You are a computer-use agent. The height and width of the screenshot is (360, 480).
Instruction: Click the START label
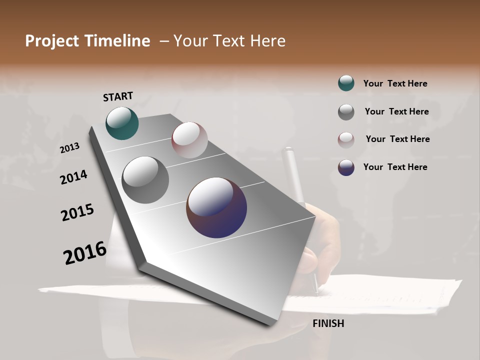pos(118,96)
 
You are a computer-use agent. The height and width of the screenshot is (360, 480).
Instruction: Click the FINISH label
pos(328,323)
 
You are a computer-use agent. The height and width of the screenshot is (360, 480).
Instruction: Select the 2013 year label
pos(69,148)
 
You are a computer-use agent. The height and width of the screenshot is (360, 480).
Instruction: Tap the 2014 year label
pos(73,177)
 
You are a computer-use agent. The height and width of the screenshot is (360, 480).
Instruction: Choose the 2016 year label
pos(85,253)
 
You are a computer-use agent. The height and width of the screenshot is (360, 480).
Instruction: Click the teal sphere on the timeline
pos(122,123)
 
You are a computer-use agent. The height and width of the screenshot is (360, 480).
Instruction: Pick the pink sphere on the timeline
pos(189,140)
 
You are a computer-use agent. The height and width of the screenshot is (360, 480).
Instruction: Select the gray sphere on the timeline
pos(145,180)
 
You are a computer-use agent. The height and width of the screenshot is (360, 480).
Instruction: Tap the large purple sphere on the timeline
pos(216,207)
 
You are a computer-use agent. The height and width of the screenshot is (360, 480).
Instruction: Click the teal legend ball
pos(346,83)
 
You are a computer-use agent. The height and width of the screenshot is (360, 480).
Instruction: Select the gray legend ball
pos(346,112)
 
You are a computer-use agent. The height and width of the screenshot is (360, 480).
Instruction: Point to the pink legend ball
pos(346,140)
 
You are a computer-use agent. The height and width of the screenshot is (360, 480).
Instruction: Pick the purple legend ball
pos(346,167)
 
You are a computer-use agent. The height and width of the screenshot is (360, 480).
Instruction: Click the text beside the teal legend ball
pos(395,83)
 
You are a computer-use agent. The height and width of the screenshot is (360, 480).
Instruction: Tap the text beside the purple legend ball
pos(395,167)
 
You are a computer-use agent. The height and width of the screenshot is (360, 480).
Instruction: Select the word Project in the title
pos(51,41)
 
